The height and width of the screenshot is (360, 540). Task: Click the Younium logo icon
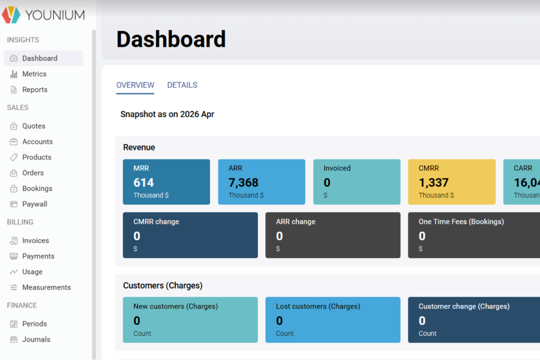tap(11, 15)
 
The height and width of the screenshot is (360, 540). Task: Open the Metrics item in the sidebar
tap(34, 74)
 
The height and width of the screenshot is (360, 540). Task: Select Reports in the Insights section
tap(35, 90)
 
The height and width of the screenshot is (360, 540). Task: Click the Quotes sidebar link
tap(34, 126)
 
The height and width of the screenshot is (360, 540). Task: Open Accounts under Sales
tap(37, 142)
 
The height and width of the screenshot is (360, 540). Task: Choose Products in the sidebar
tap(36, 157)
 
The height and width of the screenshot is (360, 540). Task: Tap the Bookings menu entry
tap(37, 189)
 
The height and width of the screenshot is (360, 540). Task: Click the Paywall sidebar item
tap(35, 204)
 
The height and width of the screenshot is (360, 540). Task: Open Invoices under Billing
tap(35, 241)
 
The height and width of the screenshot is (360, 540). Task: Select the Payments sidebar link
tap(38, 256)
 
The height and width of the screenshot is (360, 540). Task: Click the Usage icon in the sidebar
tap(14, 272)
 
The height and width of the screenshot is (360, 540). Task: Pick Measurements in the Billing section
tap(46, 288)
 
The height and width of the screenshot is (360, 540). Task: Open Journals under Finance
tap(36, 340)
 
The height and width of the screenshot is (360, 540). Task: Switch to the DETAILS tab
tap(182, 85)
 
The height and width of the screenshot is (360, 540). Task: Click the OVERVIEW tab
tap(135, 85)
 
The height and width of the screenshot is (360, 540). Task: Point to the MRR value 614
tap(144, 182)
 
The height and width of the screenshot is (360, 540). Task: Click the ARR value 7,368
tap(243, 182)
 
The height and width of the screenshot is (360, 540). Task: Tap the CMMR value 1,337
tap(433, 182)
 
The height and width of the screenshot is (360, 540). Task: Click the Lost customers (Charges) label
tap(318, 306)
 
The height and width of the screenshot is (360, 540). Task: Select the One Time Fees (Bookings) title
tap(461, 222)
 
